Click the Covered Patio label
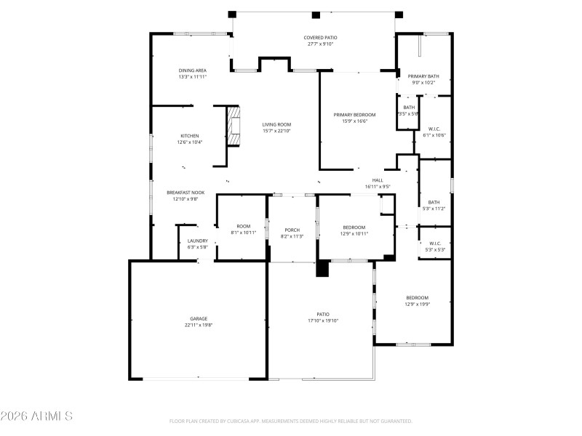coord(320,41)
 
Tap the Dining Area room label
coord(193,73)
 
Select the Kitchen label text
coord(190,139)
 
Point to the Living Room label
coord(276,128)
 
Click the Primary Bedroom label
coord(354,118)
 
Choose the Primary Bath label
coord(423,79)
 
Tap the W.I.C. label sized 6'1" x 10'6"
coord(434,132)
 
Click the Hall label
coord(378,183)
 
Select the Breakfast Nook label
coord(186,195)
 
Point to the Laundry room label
coord(197,244)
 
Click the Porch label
coord(292,233)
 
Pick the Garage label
coord(178,322)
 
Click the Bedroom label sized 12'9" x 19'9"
coord(417,301)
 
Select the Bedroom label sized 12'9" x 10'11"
coord(354,230)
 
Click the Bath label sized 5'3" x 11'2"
coord(434,206)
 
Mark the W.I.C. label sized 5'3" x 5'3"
coord(435,247)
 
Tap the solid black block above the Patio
coord(323,268)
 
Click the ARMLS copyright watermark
coord(36,416)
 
